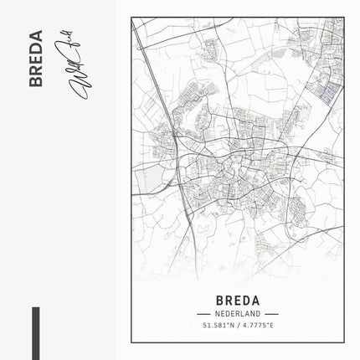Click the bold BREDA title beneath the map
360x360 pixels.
(x=237, y=299)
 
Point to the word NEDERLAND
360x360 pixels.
(x=237, y=312)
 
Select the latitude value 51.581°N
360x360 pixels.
(x=217, y=325)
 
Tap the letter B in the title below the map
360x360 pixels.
(x=219, y=299)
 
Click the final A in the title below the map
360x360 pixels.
(x=255, y=299)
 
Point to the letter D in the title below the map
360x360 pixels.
(x=246, y=299)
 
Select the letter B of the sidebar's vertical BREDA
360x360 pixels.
(x=35, y=81)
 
